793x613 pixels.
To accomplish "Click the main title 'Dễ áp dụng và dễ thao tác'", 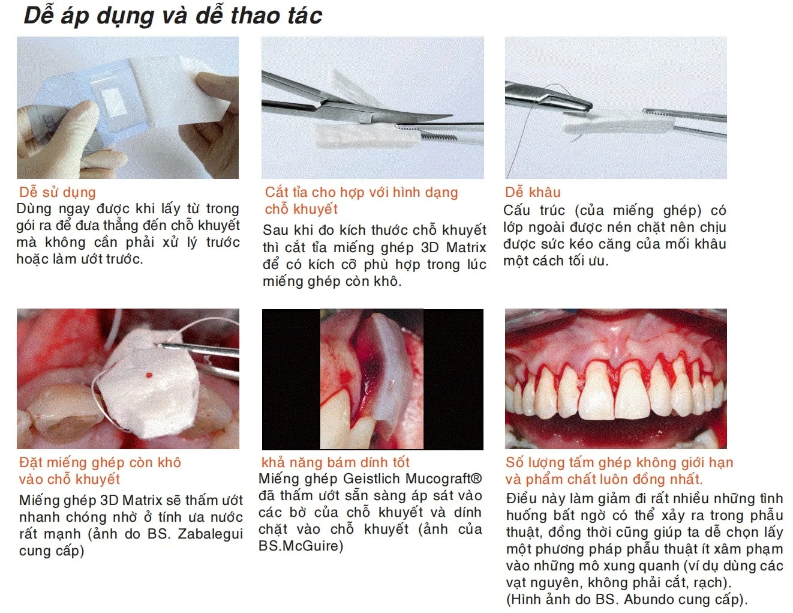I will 173,16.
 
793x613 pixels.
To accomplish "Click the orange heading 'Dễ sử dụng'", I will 58,192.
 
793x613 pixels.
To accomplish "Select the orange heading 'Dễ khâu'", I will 533,192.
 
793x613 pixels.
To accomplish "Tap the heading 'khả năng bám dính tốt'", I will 335,462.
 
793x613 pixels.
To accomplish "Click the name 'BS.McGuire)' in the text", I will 301,546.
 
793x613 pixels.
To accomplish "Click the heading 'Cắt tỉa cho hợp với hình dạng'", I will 362,192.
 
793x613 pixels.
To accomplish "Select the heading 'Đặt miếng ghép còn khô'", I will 100,462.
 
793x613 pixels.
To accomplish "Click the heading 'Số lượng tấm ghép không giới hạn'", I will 620,462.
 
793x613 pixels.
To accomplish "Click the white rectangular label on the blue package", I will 112,100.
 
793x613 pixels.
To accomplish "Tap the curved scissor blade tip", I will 447,116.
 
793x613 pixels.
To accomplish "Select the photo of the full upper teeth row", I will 615,379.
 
